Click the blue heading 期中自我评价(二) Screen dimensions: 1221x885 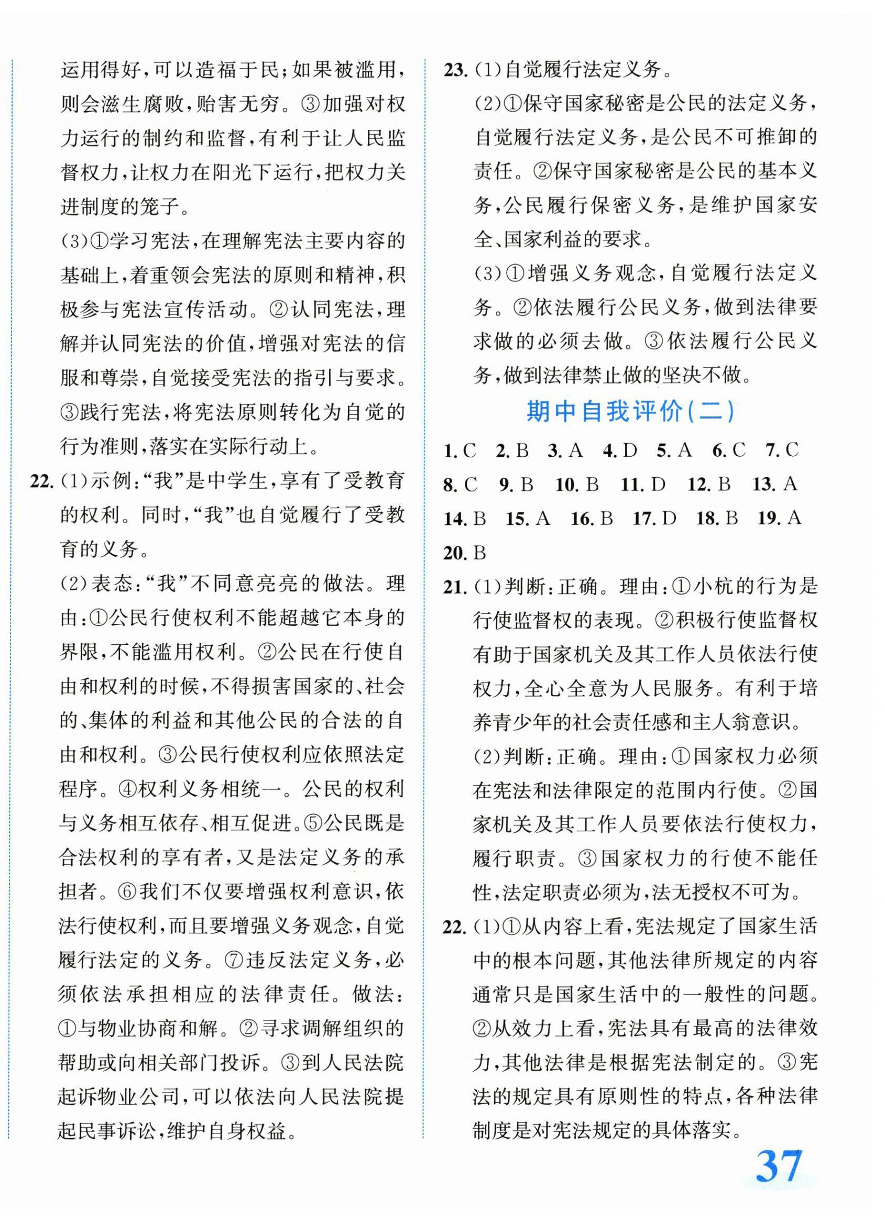[x=630, y=412]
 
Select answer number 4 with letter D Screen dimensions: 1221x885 [x=619, y=450]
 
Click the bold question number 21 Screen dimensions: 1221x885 [x=455, y=587]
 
